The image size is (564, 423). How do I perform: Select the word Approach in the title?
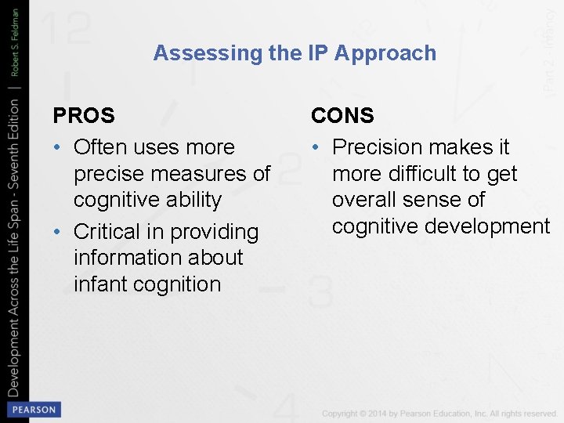click(385, 53)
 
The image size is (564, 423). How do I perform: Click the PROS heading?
click(84, 116)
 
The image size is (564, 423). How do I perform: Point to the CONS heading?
click(342, 116)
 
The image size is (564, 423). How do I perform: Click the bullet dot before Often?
click(59, 148)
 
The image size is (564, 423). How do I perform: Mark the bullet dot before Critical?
click(59, 233)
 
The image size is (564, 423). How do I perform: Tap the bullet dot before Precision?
click(317, 148)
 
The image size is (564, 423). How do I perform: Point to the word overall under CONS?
click(371, 200)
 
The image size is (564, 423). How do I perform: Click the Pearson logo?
click(33, 409)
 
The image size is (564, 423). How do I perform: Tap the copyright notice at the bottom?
click(439, 413)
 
